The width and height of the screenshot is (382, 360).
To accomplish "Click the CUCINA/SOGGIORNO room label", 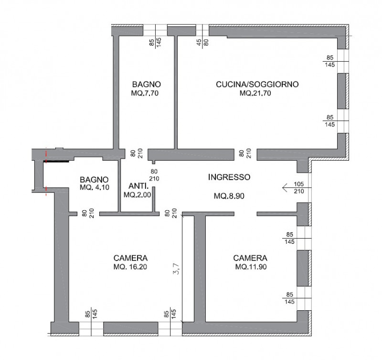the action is click(257, 85).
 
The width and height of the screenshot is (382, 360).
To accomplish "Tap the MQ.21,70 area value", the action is click(255, 93).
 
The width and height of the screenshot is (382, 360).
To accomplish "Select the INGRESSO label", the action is click(229, 177).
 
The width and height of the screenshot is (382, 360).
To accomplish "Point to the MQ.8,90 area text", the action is click(229, 196).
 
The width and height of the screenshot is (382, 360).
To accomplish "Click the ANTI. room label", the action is click(138, 186).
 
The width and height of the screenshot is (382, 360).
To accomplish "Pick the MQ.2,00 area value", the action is click(137, 195).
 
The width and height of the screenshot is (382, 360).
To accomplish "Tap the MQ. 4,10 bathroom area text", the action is click(95, 187).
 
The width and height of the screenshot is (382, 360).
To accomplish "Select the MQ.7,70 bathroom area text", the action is click(145, 93).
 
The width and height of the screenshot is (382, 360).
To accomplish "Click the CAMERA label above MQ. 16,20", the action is click(130, 258).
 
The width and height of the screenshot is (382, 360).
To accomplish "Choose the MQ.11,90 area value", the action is click(251, 267).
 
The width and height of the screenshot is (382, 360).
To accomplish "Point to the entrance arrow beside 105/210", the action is click(297, 188).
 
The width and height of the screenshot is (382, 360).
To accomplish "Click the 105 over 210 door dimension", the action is click(299, 188).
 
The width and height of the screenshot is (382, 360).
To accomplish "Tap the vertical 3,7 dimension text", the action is click(176, 269).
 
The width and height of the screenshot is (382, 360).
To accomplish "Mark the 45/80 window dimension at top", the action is click(202, 43).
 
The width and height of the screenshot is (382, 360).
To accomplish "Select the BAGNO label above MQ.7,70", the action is click(147, 85).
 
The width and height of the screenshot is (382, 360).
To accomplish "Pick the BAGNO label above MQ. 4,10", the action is click(94, 180).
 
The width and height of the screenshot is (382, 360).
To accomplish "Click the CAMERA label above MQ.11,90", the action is click(250, 258).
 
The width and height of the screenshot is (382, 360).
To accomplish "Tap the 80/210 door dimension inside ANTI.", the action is click(154, 175).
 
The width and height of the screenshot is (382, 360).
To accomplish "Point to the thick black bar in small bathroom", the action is click(56, 161).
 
